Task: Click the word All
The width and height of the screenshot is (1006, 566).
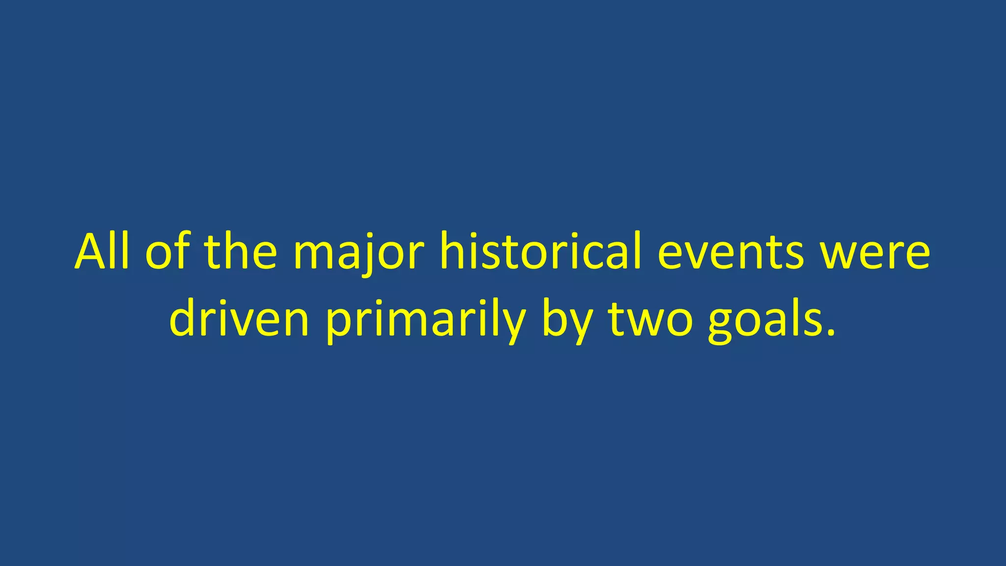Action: pos(102,252)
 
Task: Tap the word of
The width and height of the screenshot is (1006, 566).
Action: pos(167,252)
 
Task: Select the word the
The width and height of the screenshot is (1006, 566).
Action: pos(241,252)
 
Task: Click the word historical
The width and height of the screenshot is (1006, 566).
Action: pos(541,252)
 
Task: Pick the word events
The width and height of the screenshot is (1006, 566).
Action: pos(730,253)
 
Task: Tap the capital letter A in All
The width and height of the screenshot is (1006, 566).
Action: pos(93,252)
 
